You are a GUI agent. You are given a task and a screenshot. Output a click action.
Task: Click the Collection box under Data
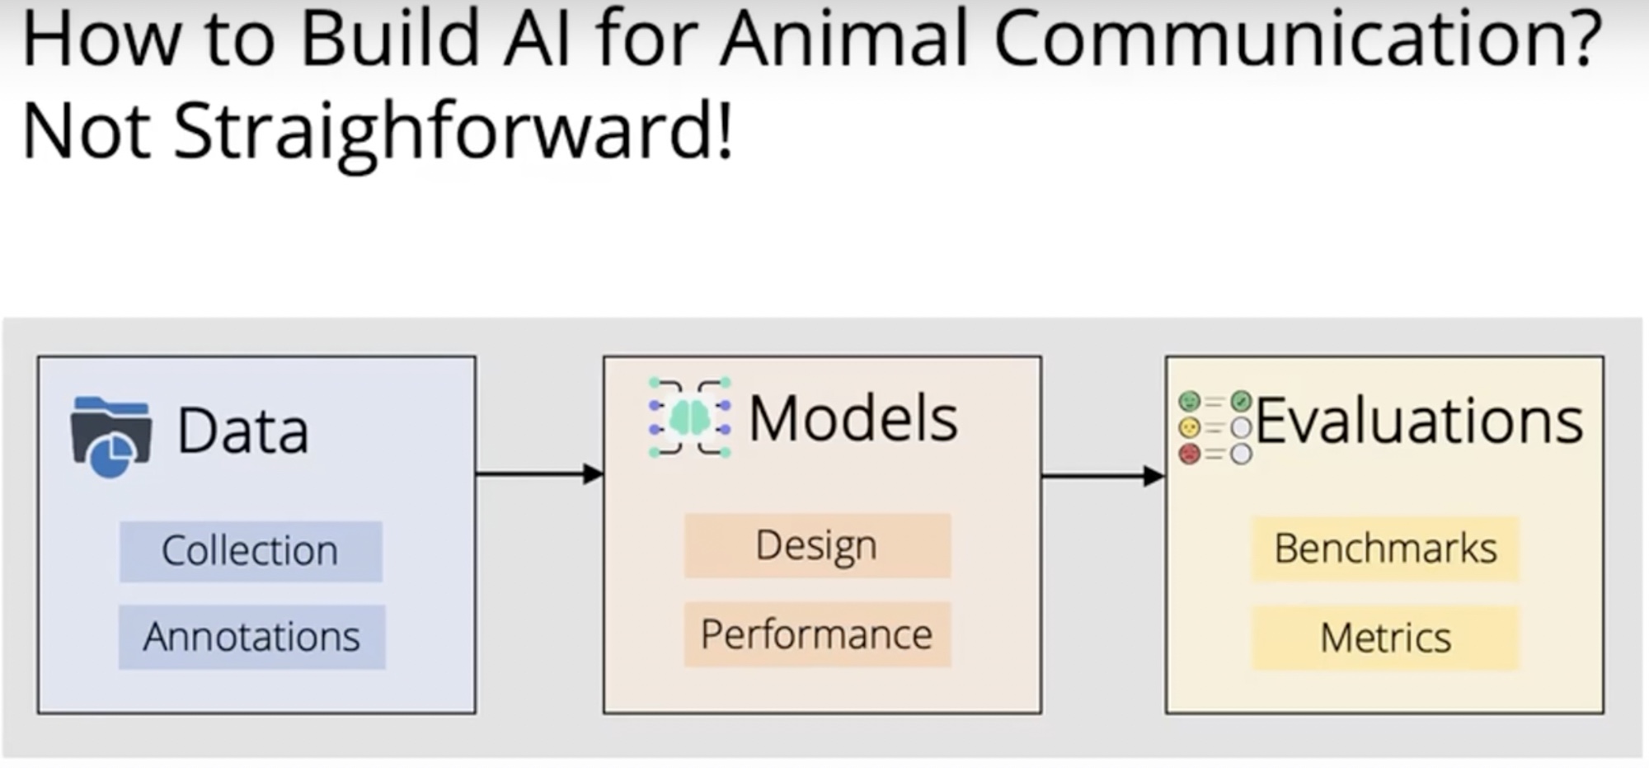click(251, 551)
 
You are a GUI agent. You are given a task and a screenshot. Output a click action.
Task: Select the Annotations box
click(251, 637)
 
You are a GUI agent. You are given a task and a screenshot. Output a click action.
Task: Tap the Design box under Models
click(817, 545)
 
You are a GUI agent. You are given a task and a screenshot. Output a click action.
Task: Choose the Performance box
click(817, 634)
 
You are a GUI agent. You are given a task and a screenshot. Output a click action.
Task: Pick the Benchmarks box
click(1385, 549)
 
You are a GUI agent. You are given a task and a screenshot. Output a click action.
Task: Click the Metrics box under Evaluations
click(1385, 638)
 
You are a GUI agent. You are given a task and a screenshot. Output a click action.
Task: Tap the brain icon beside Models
click(689, 417)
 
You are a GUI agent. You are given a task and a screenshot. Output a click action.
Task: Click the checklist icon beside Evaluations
click(1214, 427)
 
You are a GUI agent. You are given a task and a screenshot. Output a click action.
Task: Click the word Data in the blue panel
click(242, 431)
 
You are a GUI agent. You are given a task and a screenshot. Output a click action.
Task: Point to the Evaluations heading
click(1419, 422)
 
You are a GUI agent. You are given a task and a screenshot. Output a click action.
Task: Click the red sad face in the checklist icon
click(1189, 454)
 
